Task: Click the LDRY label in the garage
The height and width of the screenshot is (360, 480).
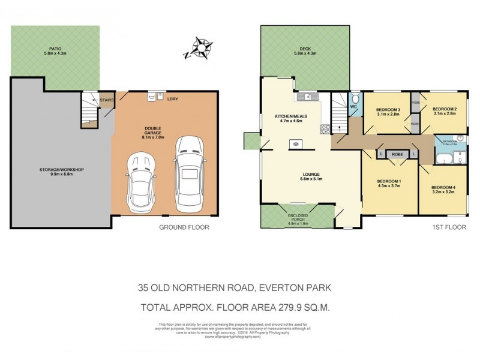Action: [x=173, y=98]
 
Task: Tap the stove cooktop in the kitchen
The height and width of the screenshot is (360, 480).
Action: [x=325, y=128]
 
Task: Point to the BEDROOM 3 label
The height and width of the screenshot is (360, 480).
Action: [x=388, y=109]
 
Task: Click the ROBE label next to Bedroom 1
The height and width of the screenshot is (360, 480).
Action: [x=397, y=154]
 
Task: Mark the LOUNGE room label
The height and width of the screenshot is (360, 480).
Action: [x=311, y=173]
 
